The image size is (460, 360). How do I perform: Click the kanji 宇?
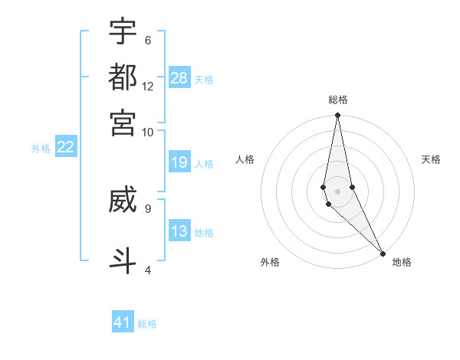click(x=123, y=31)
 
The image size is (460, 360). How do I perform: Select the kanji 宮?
click(x=123, y=123)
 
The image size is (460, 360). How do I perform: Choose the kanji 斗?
click(x=123, y=259)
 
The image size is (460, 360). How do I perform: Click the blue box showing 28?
click(x=179, y=77)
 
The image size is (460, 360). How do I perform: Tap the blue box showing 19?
click(x=179, y=162)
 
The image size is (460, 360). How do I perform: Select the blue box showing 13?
click(x=179, y=232)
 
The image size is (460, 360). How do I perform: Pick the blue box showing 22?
click(x=65, y=147)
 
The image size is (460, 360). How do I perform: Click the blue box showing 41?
click(x=123, y=322)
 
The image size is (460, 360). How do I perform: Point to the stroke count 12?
click(x=147, y=87)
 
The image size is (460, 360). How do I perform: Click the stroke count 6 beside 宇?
click(x=147, y=41)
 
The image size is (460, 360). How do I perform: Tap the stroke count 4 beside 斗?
click(x=147, y=270)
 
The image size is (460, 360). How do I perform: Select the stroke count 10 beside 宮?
click(x=147, y=133)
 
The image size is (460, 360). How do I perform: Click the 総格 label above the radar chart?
click(x=338, y=100)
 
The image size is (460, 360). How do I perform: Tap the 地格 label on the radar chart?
click(x=402, y=262)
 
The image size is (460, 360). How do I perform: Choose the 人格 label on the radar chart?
click(x=245, y=159)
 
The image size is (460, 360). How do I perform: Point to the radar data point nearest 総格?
click(x=337, y=116)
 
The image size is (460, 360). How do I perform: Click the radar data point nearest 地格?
click(x=383, y=253)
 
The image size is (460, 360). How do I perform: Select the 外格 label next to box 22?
click(x=41, y=149)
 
